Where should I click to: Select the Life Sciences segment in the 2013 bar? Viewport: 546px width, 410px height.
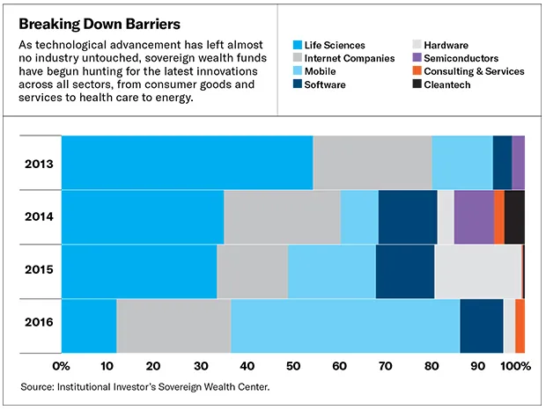tap(187, 163)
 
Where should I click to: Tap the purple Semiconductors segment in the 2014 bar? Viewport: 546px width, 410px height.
tap(474, 216)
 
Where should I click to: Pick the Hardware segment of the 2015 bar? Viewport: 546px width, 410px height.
tap(477, 271)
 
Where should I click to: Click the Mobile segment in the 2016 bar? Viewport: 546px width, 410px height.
tap(345, 326)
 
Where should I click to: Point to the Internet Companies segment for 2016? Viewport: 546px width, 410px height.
tap(173, 326)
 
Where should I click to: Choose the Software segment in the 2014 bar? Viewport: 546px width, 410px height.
tap(408, 216)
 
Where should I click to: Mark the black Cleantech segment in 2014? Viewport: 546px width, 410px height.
tap(514, 216)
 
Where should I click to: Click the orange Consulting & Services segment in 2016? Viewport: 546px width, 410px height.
tap(520, 326)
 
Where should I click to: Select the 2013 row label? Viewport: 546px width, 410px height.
tap(40, 164)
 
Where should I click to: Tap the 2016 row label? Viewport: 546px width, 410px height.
tap(40, 322)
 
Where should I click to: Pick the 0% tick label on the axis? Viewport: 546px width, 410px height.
tap(62, 365)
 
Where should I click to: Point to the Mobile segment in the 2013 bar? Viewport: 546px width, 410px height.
tap(461, 163)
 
